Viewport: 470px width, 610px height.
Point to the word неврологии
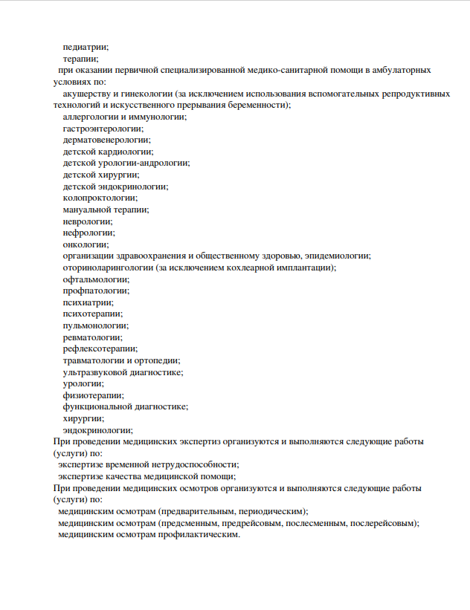point(87,221)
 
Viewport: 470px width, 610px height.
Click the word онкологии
point(86,244)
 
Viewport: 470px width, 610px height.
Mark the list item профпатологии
point(95,291)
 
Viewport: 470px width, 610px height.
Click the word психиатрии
point(88,302)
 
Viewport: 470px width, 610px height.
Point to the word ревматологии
point(92,337)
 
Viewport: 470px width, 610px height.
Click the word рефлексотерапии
point(100,348)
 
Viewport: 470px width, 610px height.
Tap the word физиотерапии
point(93,395)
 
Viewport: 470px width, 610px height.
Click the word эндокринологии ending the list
point(97,430)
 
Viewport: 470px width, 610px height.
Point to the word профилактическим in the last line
point(197,534)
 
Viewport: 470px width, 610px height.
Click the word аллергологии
point(93,117)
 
